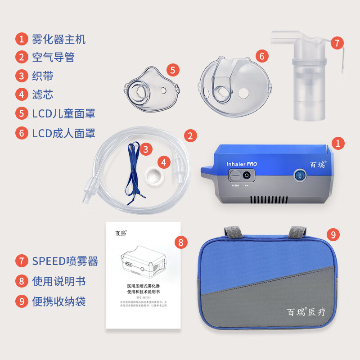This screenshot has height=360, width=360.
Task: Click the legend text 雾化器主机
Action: click(58, 39)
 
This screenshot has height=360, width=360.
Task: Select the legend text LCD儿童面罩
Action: click(63, 113)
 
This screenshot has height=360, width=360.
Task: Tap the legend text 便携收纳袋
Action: click(58, 301)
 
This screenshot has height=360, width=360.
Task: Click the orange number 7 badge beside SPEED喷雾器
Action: click(21, 261)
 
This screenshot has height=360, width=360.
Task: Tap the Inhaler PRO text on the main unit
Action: click(242, 164)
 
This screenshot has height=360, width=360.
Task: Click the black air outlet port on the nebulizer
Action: click(247, 175)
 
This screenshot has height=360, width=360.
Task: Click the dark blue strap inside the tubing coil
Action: click(133, 171)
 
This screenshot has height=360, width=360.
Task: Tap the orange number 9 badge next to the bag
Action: click(333, 234)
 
